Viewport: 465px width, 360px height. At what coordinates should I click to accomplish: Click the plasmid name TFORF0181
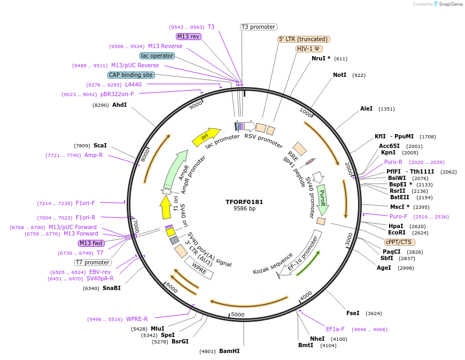tap(244, 202)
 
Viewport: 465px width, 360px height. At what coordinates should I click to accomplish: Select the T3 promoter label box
tap(258, 27)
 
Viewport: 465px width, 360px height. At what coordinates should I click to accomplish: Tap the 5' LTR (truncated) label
tap(304, 39)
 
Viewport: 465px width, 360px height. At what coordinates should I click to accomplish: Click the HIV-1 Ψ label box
tap(309, 49)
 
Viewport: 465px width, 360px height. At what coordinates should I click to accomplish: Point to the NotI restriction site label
tap(339, 75)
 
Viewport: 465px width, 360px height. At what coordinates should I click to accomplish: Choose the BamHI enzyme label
tap(229, 351)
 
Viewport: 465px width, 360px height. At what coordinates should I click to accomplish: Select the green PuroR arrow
tap(322, 196)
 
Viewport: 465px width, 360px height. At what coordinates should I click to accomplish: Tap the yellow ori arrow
tap(206, 136)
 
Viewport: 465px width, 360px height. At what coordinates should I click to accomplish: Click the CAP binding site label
tap(131, 75)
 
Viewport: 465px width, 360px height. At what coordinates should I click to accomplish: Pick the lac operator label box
tap(157, 56)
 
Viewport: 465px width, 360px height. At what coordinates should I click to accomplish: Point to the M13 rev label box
tap(188, 36)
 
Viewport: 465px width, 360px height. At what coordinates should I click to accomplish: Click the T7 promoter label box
tap(93, 262)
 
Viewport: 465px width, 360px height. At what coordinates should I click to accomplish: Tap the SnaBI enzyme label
tap(112, 288)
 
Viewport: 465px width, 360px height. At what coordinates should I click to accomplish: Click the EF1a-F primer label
tap(335, 329)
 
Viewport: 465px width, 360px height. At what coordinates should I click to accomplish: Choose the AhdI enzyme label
tap(119, 105)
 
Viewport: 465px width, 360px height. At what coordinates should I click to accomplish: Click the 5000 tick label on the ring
tap(237, 315)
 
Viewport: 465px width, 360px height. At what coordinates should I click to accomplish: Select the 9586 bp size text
tap(244, 209)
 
